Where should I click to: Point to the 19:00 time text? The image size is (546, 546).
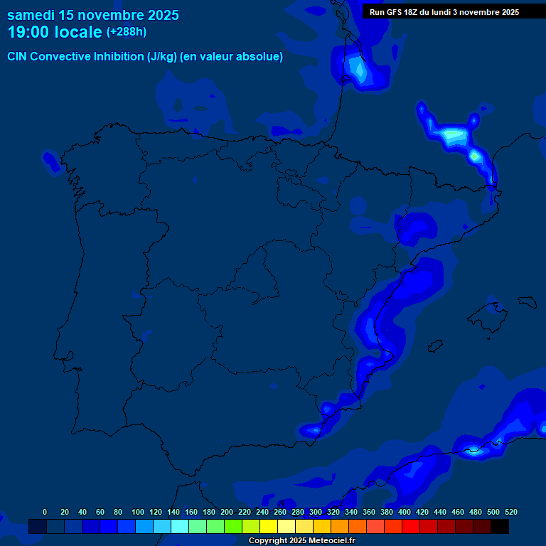[x=28, y=33]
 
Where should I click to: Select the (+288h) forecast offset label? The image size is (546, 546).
[x=126, y=32]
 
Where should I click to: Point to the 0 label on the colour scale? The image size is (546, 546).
[x=45, y=512]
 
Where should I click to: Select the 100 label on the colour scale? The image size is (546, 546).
[x=138, y=512]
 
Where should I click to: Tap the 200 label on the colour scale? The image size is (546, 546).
[x=227, y=512]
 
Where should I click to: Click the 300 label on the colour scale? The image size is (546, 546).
[x=316, y=512]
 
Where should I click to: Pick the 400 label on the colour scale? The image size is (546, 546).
[x=405, y=512]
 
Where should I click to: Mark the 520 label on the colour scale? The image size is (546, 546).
[x=511, y=512]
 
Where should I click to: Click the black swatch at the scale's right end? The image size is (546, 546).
[x=500, y=526]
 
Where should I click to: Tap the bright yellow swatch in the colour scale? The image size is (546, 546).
[x=269, y=526]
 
